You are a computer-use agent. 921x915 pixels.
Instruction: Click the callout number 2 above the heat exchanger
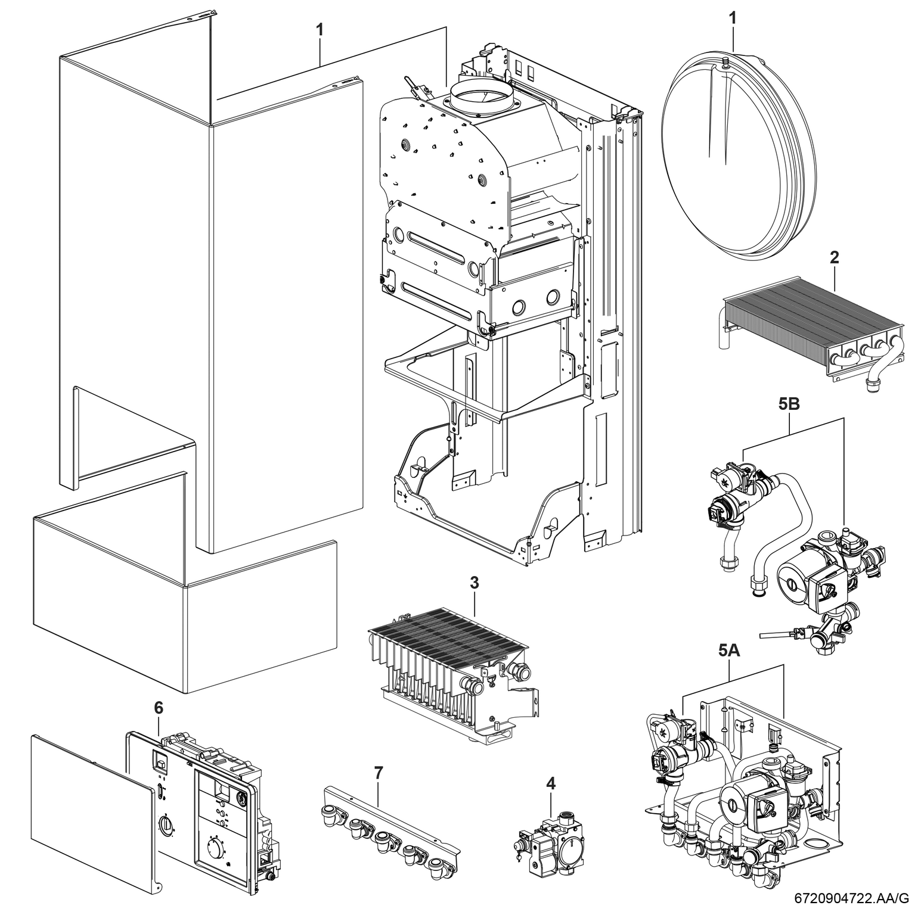tap(834, 257)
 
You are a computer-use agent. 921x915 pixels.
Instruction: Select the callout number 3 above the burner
tap(474, 583)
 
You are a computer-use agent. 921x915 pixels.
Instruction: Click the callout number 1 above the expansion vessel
tap(733, 18)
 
